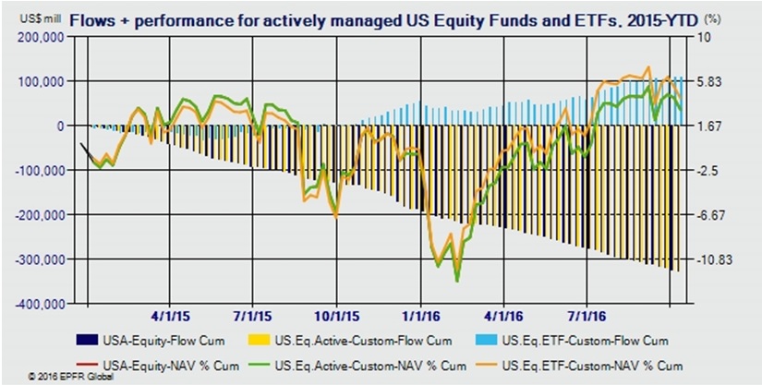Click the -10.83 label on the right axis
tap(713, 259)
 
